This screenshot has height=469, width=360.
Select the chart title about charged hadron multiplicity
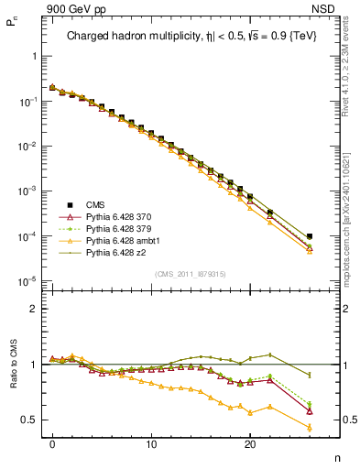187,38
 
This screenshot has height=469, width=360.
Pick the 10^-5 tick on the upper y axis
25,281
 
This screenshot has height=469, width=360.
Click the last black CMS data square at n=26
309,236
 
